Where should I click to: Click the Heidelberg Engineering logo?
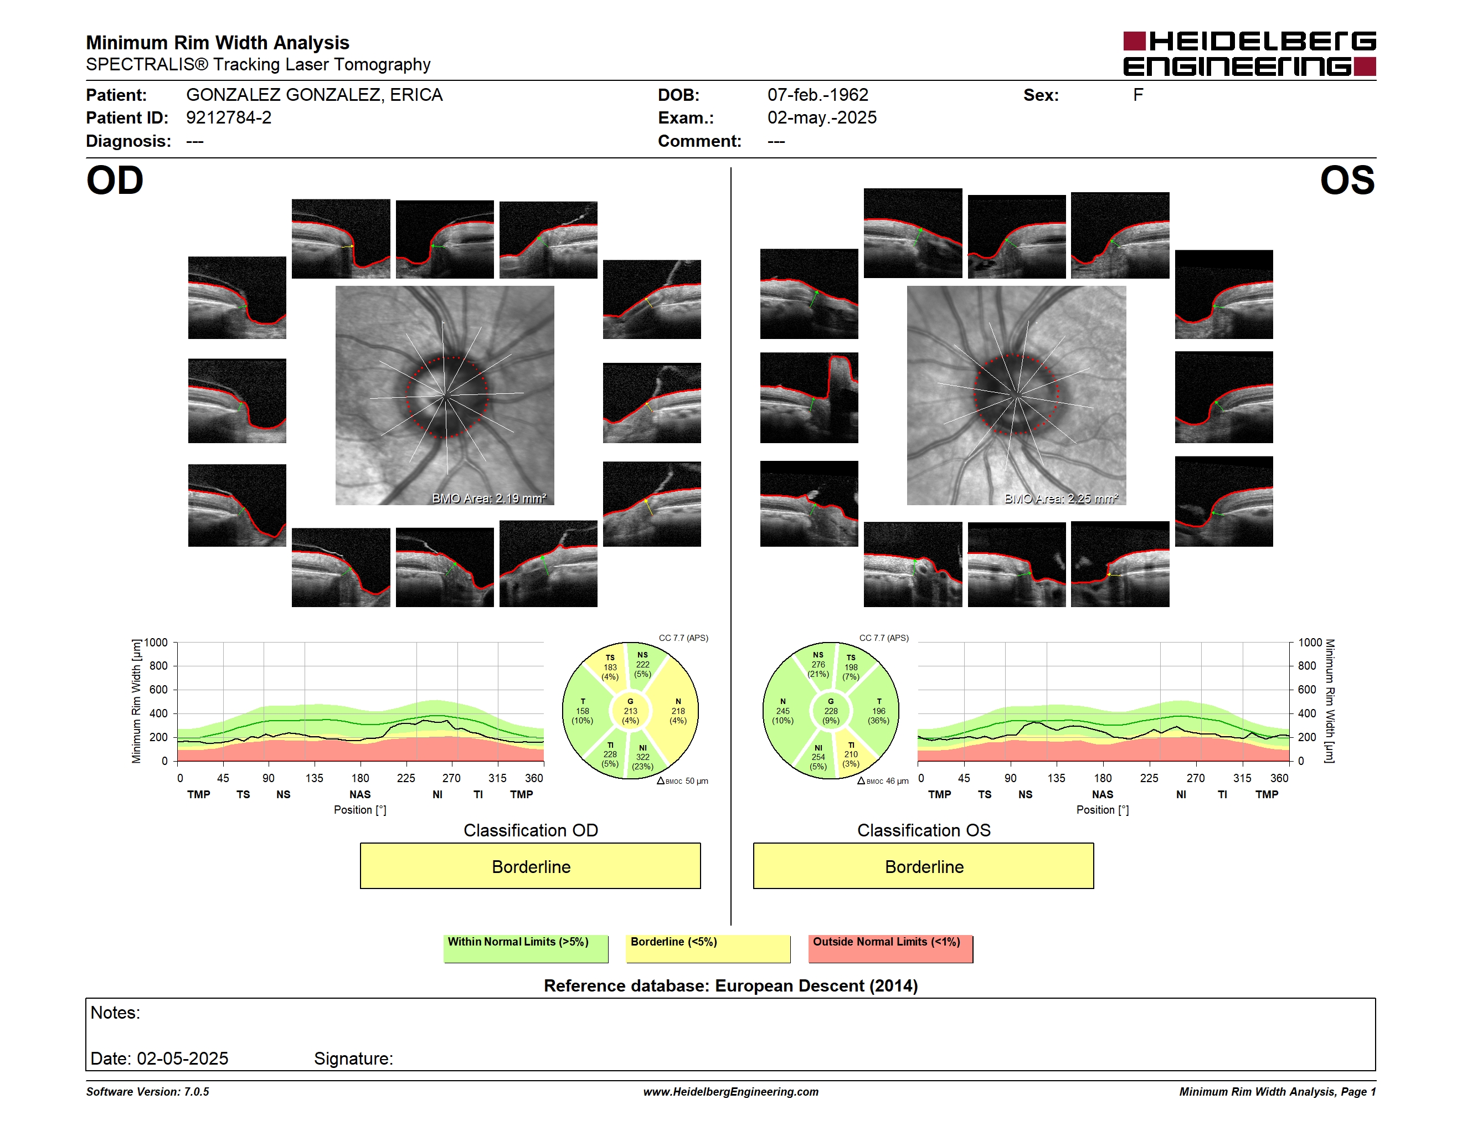pos(1249,54)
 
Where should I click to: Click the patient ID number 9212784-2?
pos(229,118)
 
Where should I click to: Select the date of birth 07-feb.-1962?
pos(817,95)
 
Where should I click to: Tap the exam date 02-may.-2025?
pos(821,118)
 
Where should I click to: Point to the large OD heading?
pos(115,181)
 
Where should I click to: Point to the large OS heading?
pos(1347,181)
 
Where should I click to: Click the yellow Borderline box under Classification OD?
pos(530,866)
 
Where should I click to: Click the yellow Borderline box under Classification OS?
pos(923,866)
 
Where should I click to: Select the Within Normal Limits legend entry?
pos(526,948)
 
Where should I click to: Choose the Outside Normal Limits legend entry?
pos(890,948)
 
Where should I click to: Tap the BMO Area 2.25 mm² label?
pos(1061,498)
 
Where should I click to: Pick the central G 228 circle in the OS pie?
pos(831,711)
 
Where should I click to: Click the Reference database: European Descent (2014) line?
pos(730,985)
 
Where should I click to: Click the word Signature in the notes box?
pos(353,1059)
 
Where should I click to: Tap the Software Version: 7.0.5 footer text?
pos(147,1091)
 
